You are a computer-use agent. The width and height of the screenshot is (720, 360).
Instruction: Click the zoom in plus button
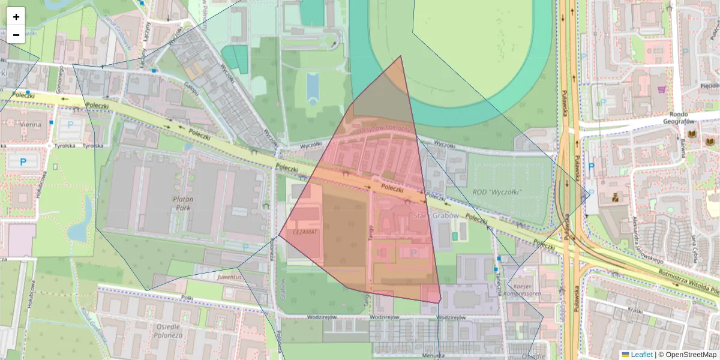(x=16, y=17)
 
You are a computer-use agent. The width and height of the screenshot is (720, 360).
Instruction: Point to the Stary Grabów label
(x=436, y=215)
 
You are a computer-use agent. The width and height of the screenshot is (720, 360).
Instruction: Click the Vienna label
(x=31, y=125)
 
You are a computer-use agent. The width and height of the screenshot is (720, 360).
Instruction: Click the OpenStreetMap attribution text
(x=689, y=355)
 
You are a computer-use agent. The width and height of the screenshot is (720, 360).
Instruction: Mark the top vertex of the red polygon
(x=401, y=56)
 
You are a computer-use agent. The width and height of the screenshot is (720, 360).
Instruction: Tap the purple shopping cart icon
(x=661, y=89)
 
